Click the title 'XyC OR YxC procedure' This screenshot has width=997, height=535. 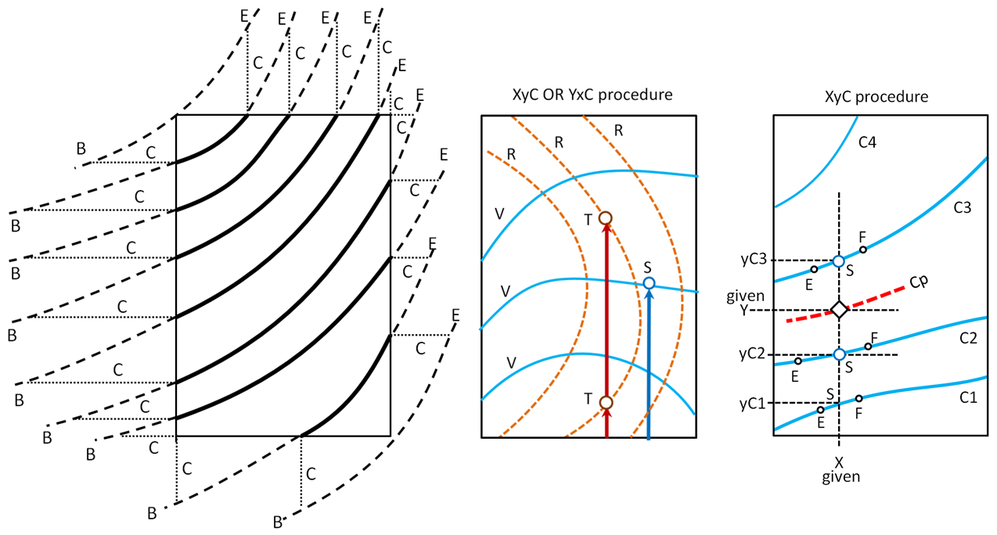click(x=587, y=95)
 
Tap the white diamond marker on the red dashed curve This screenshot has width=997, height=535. click(x=839, y=310)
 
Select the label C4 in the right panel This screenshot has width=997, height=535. click(x=866, y=142)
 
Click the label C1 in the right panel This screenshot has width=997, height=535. click(x=968, y=397)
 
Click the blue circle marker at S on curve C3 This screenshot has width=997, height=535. click(x=839, y=261)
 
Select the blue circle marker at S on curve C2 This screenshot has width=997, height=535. click(x=839, y=354)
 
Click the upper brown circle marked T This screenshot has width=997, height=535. click(x=605, y=218)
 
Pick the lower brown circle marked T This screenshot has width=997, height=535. click(x=606, y=402)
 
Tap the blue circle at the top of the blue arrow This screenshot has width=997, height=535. click(x=649, y=283)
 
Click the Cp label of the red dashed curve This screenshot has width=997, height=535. click(x=920, y=282)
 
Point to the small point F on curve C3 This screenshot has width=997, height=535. click(x=863, y=250)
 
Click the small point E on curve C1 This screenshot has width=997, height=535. click(x=820, y=410)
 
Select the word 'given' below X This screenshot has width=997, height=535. click(x=840, y=476)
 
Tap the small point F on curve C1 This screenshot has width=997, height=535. click(x=859, y=399)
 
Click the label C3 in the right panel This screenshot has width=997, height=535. click(x=963, y=208)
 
